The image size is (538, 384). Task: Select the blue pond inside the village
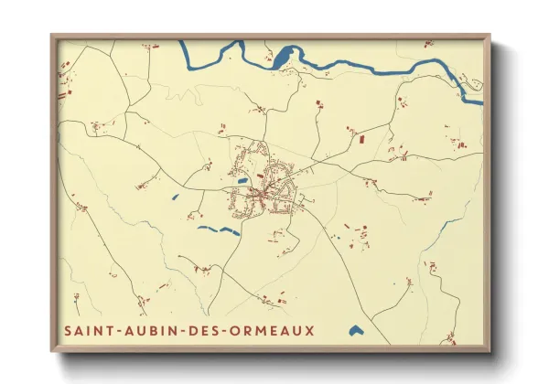pyautogui.click(x=242, y=181)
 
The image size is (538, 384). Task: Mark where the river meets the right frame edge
pyautogui.click(x=482, y=90)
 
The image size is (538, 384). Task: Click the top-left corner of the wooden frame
pyautogui.click(x=51, y=36)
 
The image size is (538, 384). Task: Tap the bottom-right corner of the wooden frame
pyautogui.click(x=490, y=350)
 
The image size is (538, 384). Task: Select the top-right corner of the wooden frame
pyautogui.click(x=490, y=36)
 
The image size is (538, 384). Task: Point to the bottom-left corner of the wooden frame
pyautogui.click(x=51, y=350)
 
